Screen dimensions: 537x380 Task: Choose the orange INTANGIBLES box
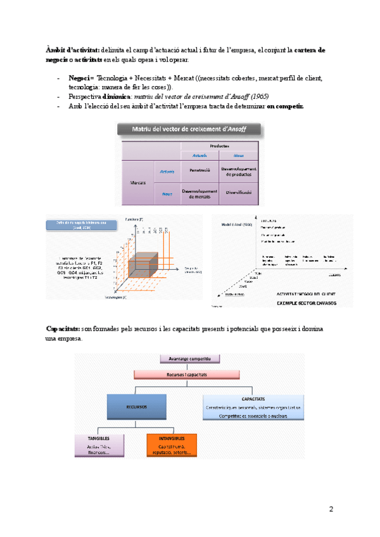coord(172,445)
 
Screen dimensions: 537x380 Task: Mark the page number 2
coord(331,509)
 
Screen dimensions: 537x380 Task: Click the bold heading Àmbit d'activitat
coord(72,49)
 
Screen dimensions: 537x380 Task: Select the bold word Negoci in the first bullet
coord(79,78)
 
